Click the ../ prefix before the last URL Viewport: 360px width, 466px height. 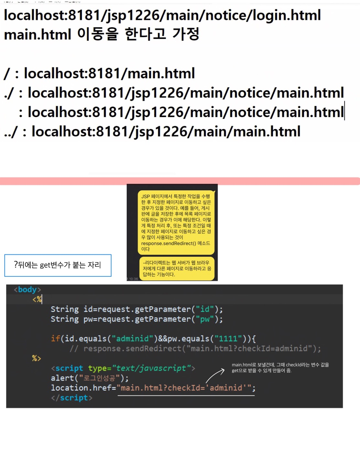coord(11,132)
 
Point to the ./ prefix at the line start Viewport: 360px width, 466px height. coord(9,93)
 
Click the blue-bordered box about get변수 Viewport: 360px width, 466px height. coord(58,265)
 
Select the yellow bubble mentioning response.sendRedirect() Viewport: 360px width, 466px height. coord(176,222)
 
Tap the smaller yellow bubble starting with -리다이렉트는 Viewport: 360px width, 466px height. coord(177,268)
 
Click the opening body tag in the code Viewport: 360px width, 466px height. coord(27,289)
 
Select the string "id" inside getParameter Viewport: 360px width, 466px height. coord(205,309)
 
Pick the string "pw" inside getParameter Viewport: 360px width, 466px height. coord(205,319)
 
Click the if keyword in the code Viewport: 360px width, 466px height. coord(55,338)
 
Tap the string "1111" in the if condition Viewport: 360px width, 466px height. coord(228,338)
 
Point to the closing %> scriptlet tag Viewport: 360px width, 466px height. coord(37,358)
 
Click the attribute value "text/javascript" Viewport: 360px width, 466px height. coord(151,368)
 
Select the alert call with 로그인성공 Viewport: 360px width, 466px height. coord(90,378)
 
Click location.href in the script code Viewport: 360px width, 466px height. coord(81,388)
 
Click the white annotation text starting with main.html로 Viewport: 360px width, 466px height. coord(280,368)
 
